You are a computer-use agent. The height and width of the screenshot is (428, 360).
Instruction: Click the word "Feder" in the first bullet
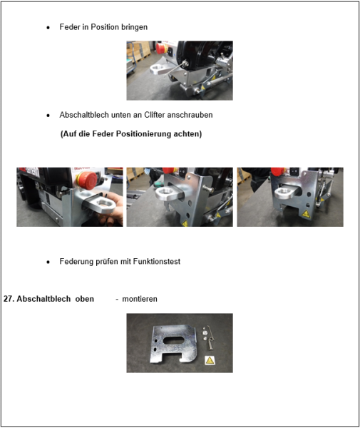click(x=70, y=27)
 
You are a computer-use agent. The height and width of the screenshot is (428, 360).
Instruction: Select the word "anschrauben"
click(x=192, y=115)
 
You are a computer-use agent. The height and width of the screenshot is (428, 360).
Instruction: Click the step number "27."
click(x=9, y=300)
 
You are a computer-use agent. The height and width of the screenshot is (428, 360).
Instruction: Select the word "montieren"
click(x=140, y=300)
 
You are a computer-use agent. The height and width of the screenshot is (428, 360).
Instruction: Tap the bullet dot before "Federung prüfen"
click(x=48, y=263)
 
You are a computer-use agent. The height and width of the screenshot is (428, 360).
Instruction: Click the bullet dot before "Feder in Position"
click(x=48, y=28)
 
